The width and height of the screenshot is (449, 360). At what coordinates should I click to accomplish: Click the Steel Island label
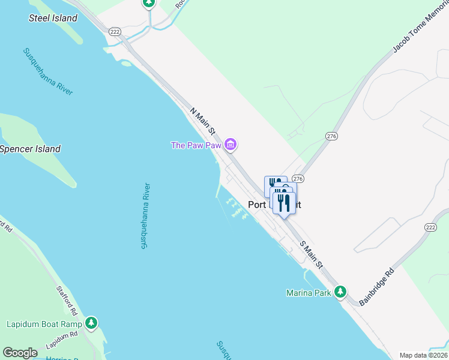tap(53, 18)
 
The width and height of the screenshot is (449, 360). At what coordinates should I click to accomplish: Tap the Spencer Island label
tap(30, 149)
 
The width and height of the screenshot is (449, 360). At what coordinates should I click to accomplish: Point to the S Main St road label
tap(312, 254)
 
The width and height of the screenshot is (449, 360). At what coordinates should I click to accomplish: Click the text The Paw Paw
tap(196, 145)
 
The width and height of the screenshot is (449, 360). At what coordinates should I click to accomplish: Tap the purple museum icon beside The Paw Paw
tap(231, 145)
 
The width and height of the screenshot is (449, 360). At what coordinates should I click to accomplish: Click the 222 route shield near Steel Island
tap(115, 31)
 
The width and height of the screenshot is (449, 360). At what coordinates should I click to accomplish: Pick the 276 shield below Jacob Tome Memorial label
tap(331, 136)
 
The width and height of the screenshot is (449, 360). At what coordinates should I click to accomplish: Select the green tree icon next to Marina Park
tap(340, 292)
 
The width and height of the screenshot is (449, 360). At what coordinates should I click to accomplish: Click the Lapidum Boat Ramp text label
tap(44, 325)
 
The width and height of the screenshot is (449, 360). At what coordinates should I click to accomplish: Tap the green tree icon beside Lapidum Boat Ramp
tap(91, 324)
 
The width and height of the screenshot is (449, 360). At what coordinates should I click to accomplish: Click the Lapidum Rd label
tap(62, 340)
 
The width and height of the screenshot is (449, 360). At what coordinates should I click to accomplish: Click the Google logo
tap(20, 353)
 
